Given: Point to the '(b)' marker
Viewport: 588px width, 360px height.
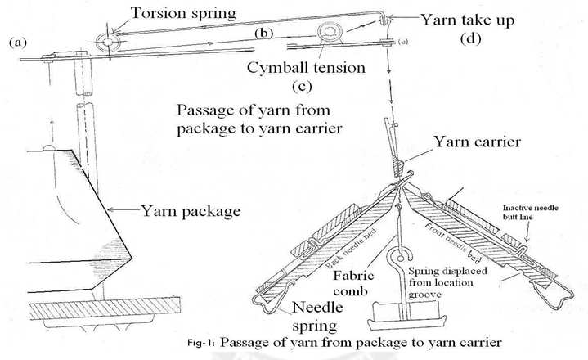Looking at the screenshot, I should (x=263, y=34).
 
